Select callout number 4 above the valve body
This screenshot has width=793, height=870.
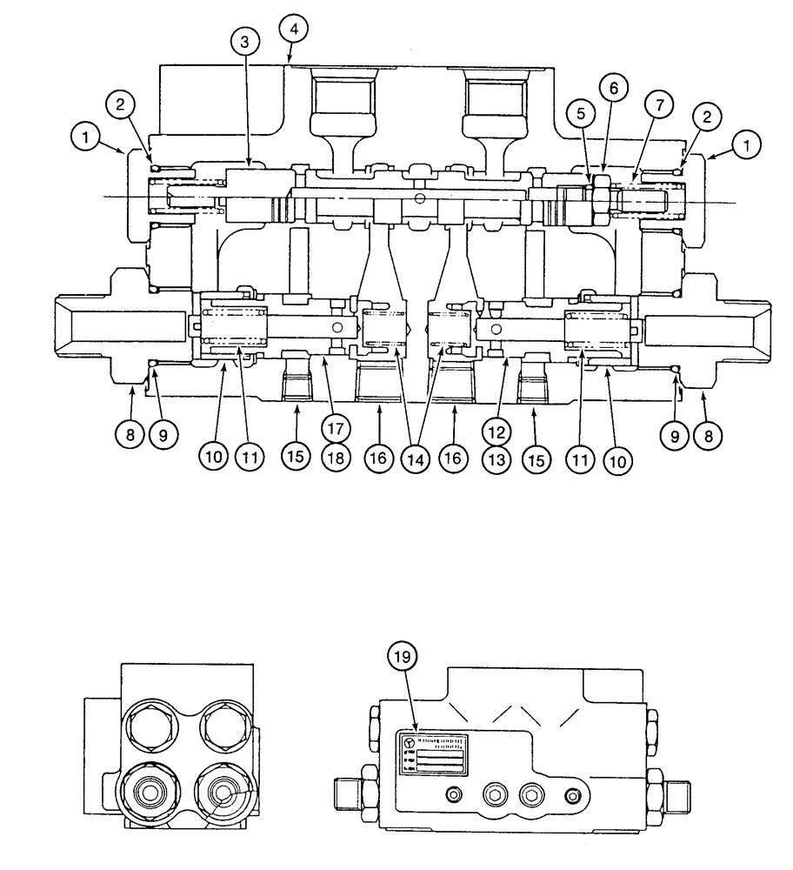(x=294, y=30)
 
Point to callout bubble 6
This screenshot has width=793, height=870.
(x=612, y=89)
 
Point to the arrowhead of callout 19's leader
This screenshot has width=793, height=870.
(x=416, y=728)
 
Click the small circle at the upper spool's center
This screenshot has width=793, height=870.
(x=421, y=199)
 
